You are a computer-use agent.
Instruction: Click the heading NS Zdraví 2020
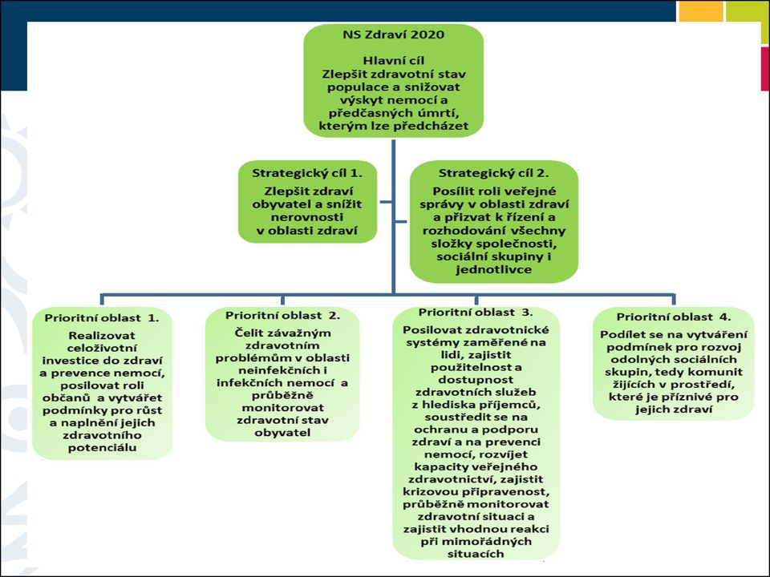(x=393, y=34)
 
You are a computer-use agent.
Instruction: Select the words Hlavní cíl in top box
(x=393, y=61)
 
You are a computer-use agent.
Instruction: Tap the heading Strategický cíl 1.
(x=307, y=173)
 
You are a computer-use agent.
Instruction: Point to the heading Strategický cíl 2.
(x=493, y=173)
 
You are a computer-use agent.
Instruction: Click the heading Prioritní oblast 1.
(x=102, y=318)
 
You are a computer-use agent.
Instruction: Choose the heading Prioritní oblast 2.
(x=282, y=316)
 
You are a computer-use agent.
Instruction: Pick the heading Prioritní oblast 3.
(x=476, y=313)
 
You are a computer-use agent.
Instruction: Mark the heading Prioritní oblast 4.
(x=673, y=317)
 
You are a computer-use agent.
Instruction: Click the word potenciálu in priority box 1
(x=102, y=447)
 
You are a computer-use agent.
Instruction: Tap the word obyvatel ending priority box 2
(x=282, y=433)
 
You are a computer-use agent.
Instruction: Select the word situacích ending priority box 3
(x=476, y=554)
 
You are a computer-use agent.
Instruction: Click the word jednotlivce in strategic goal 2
(x=493, y=269)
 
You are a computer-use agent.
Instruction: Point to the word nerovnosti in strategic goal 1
(x=307, y=217)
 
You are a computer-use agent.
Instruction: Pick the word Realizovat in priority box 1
(x=102, y=336)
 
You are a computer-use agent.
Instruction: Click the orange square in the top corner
(x=701, y=10)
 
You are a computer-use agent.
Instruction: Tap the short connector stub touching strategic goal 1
(x=386, y=202)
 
